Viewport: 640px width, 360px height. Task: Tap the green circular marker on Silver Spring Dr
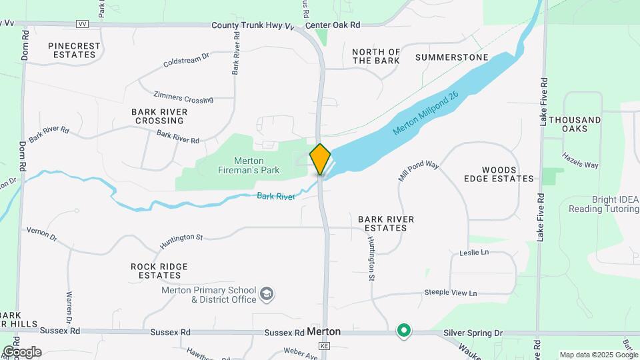[403, 330]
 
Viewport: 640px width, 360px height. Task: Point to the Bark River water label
[275, 196]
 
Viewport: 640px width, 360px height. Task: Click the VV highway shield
[83, 23]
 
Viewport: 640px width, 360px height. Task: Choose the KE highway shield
[325, 346]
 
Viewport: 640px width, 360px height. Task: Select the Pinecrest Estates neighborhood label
[74, 50]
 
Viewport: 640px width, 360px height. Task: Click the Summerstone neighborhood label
[451, 57]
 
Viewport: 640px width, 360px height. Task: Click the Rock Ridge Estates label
[159, 270]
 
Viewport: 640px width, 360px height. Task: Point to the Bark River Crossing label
[159, 116]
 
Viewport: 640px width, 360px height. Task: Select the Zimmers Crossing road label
[183, 97]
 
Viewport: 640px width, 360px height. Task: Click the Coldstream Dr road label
[186, 61]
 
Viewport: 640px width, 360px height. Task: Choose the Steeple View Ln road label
[451, 293]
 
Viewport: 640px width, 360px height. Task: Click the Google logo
[22, 352]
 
